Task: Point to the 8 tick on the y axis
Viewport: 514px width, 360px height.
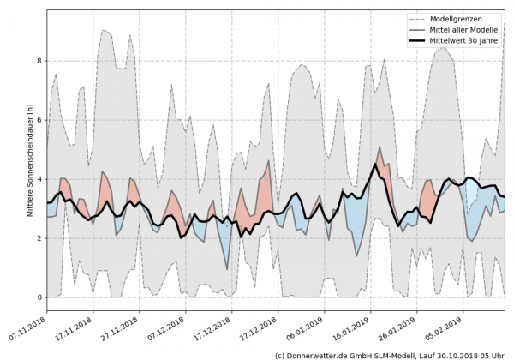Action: click(38, 61)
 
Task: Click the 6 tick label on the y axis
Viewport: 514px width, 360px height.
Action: click(38, 120)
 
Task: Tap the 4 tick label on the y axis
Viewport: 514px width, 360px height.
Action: click(38, 179)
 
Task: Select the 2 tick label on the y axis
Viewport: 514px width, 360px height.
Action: click(38, 238)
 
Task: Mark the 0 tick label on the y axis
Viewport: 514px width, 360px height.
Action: click(38, 297)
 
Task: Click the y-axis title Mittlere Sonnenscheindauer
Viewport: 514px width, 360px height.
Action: click(30, 159)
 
